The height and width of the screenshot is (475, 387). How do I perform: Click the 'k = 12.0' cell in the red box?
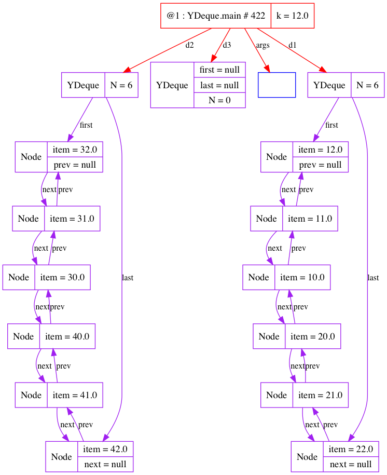[x=292, y=16]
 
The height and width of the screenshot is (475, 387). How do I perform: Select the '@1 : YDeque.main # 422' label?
[x=216, y=16]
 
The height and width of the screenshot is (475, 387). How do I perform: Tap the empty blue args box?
[x=277, y=85]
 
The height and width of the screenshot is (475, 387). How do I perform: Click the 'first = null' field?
[x=219, y=70]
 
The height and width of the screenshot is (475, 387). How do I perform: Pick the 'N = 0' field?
[x=219, y=100]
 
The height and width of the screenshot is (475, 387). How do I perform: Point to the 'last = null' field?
[x=219, y=85]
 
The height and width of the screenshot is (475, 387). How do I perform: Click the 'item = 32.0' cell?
[x=75, y=150]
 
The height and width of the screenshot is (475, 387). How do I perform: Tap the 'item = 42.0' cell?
[x=105, y=449]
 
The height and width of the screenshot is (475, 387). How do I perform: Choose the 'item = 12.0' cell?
[x=321, y=150]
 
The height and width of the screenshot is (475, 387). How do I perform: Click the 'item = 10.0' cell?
[x=302, y=277]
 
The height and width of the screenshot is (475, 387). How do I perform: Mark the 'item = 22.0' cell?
[x=351, y=449]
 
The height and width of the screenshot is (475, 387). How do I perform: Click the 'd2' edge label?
[x=189, y=45]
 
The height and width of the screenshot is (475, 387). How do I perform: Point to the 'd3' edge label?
[x=227, y=45]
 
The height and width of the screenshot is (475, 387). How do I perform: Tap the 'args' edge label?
[x=262, y=45]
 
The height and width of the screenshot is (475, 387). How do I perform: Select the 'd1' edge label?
[x=293, y=45]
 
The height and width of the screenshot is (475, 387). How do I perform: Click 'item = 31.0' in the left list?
[x=72, y=219]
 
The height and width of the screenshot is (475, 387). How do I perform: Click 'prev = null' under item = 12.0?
[x=321, y=165]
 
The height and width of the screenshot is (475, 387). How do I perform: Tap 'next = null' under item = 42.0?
[x=105, y=464]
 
